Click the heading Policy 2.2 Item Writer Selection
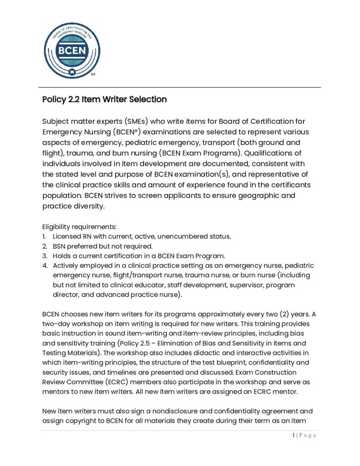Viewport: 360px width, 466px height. [x=104, y=99]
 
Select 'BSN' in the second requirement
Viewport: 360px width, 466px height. [x=61, y=246]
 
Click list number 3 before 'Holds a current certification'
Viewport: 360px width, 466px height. [x=44, y=256]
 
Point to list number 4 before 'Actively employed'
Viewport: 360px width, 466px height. [x=44, y=265]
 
